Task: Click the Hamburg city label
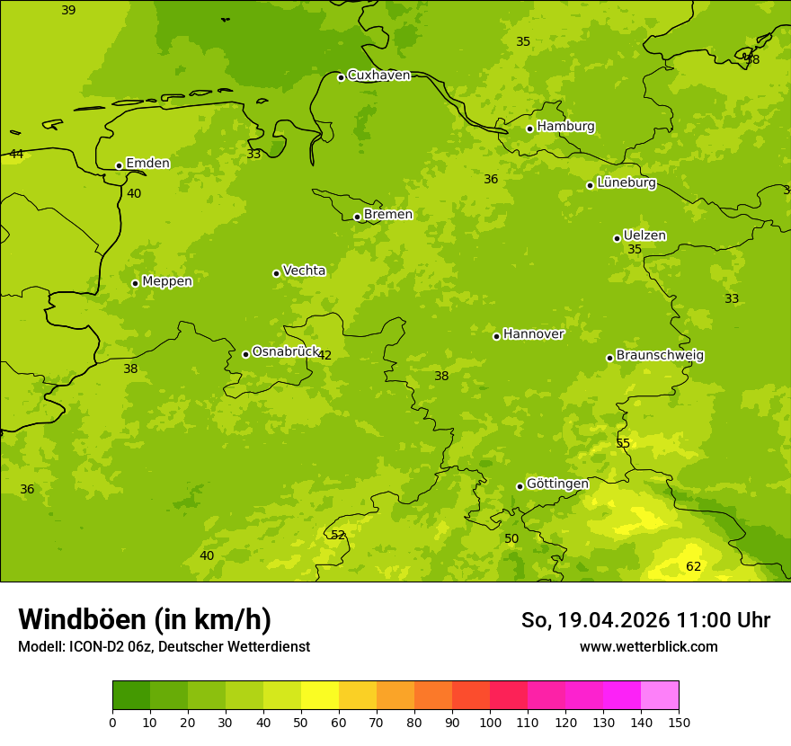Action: pyautogui.click(x=565, y=127)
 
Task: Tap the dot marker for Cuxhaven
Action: pyautogui.click(x=341, y=77)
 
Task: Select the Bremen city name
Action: pyautogui.click(x=388, y=215)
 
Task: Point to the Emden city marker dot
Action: pyautogui.click(x=119, y=165)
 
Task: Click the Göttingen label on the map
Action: pyautogui.click(x=557, y=484)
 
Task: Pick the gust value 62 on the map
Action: pyautogui.click(x=693, y=566)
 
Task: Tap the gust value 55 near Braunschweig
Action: pyautogui.click(x=623, y=444)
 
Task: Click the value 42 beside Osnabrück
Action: pyautogui.click(x=324, y=356)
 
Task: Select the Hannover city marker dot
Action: pyautogui.click(x=496, y=336)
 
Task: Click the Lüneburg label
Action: pyautogui.click(x=627, y=182)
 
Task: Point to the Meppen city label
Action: pyautogui.click(x=167, y=281)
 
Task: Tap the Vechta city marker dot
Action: pyautogui.click(x=276, y=273)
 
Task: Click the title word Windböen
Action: pyautogui.click(x=82, y=619)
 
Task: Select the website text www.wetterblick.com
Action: pyautogui.click(x=648, y=647)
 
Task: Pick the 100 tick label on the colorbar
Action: pyautogui.click(x=490, y=722)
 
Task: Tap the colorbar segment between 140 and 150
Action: pyautogui.click(x=660, y=696)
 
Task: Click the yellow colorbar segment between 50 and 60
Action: pyautogui.click(x=320, y=696)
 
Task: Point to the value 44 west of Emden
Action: pyautogui.click(x=16, y=155)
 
